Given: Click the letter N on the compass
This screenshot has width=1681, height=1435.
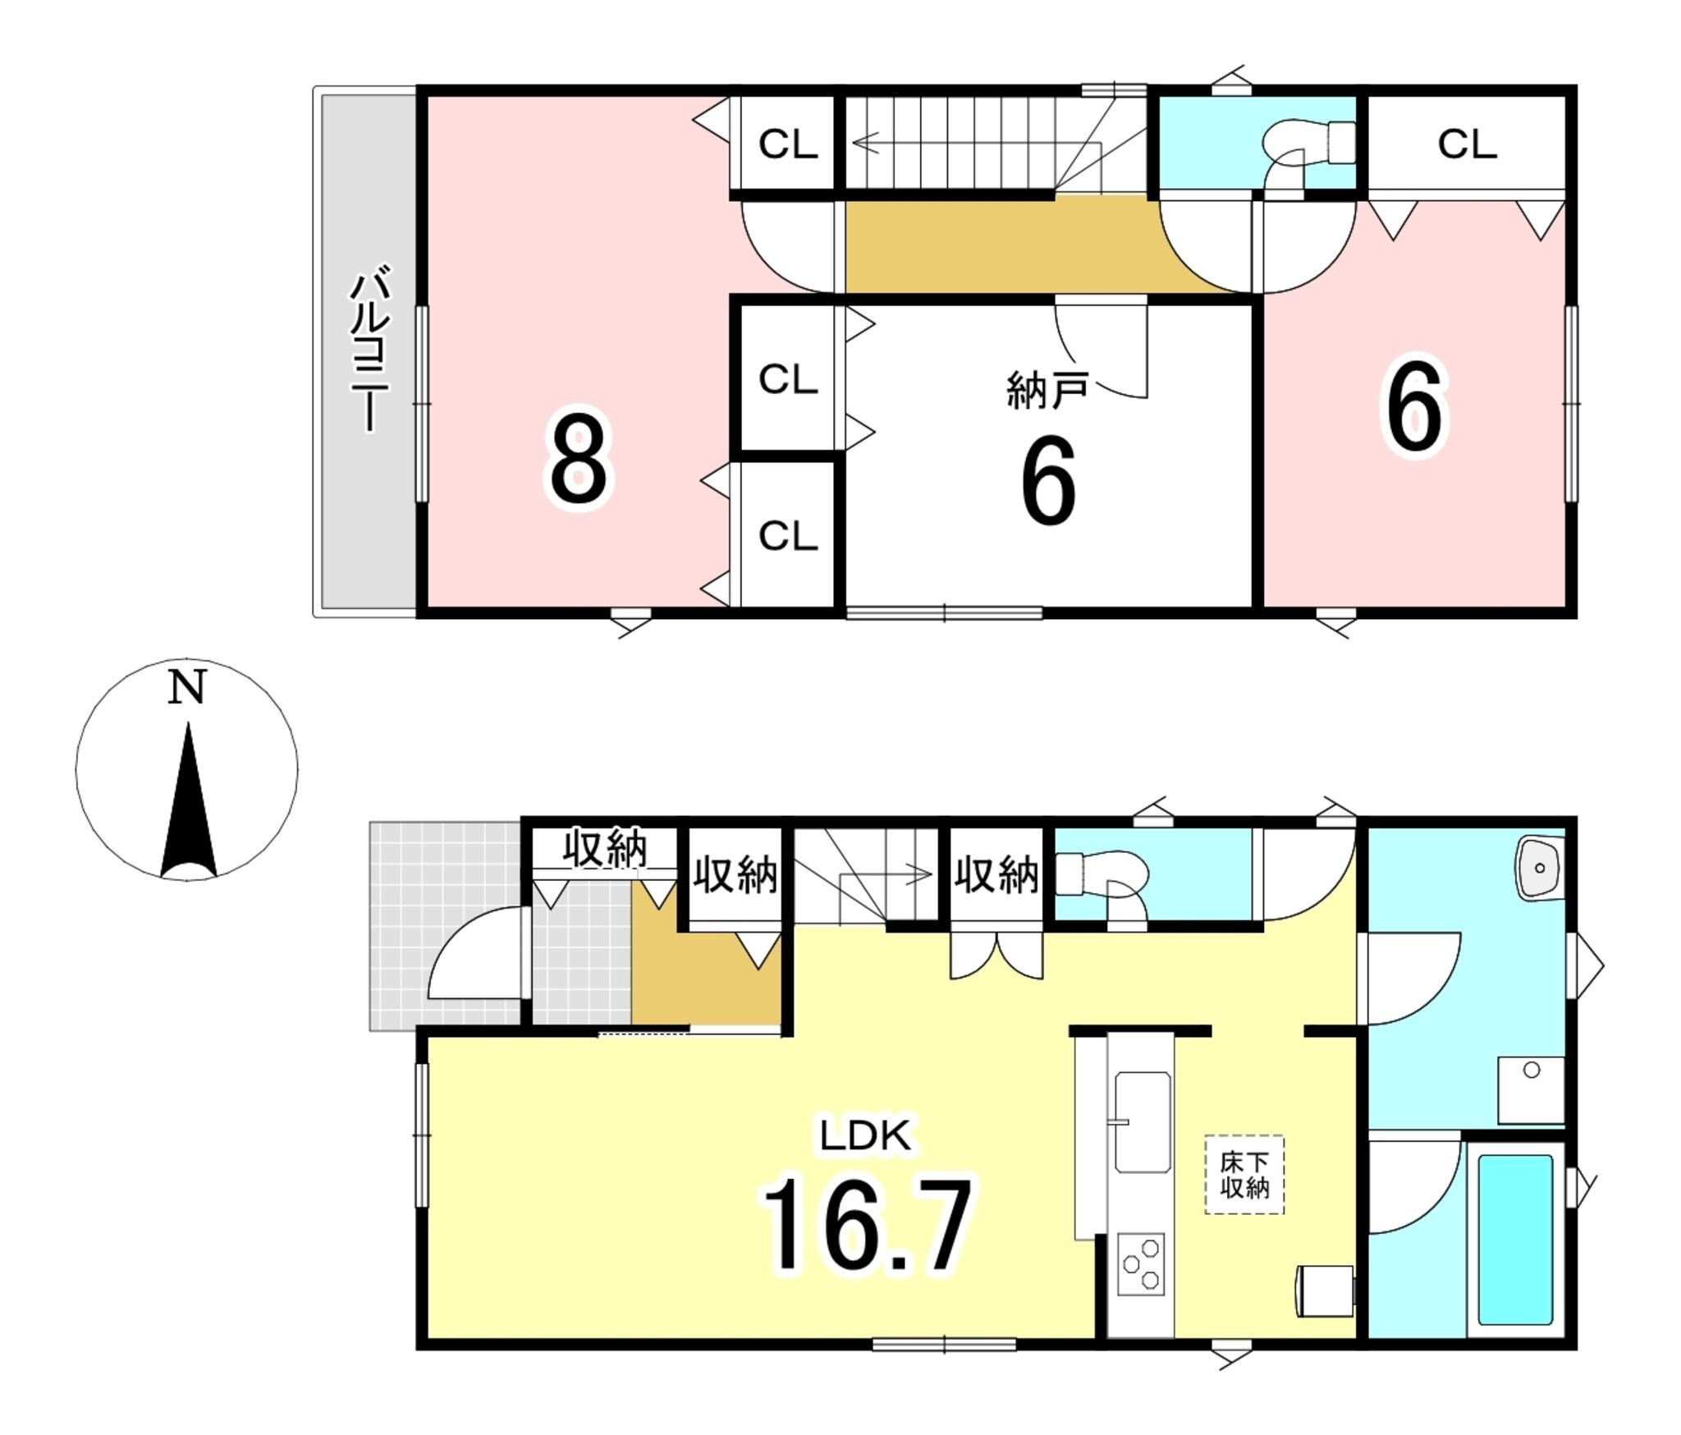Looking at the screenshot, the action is [x=186, y=688].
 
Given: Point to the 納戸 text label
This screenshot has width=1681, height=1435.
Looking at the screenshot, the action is [x=1047, y=390].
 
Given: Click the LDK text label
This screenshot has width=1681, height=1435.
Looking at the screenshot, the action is [x=864, y=1136].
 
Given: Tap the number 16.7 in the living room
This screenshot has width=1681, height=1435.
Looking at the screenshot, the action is [x=868, y=1224].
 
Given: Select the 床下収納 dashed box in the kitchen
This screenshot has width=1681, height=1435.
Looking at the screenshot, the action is [x=1244, y=1175].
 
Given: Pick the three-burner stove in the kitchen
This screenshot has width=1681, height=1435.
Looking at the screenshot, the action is [x=1141, y=1265].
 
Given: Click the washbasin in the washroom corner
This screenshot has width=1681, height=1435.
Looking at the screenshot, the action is [x=1540, y=868].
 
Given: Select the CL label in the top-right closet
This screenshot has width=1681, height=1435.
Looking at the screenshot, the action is [x=1467, y=144].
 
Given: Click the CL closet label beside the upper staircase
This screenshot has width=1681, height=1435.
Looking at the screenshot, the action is [x=788, y=144].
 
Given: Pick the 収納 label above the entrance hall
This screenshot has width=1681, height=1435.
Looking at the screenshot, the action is [x=605, y=849].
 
